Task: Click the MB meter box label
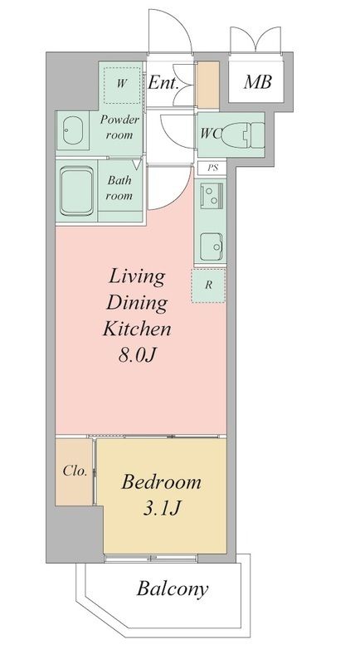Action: click(257, 81)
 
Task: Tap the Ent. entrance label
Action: click(163, 83)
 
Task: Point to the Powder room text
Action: click(119, 127)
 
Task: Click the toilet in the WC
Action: click(243, 134)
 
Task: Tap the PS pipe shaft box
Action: click(213, 168)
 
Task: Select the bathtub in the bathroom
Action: click(76, 191)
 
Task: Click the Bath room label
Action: click(119, 188)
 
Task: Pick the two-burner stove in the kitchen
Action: click(211, 195)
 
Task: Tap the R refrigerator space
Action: click(208, 285)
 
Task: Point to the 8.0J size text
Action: click(138, 356)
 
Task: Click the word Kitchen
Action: click(137, 329)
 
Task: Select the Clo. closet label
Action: click(75, 471)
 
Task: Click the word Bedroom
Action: click(161, 482)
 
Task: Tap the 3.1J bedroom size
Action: click(162, 509)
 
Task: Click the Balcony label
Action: click(173, 589)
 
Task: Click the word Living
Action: click(137, 278)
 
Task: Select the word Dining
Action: click(137, 304)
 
